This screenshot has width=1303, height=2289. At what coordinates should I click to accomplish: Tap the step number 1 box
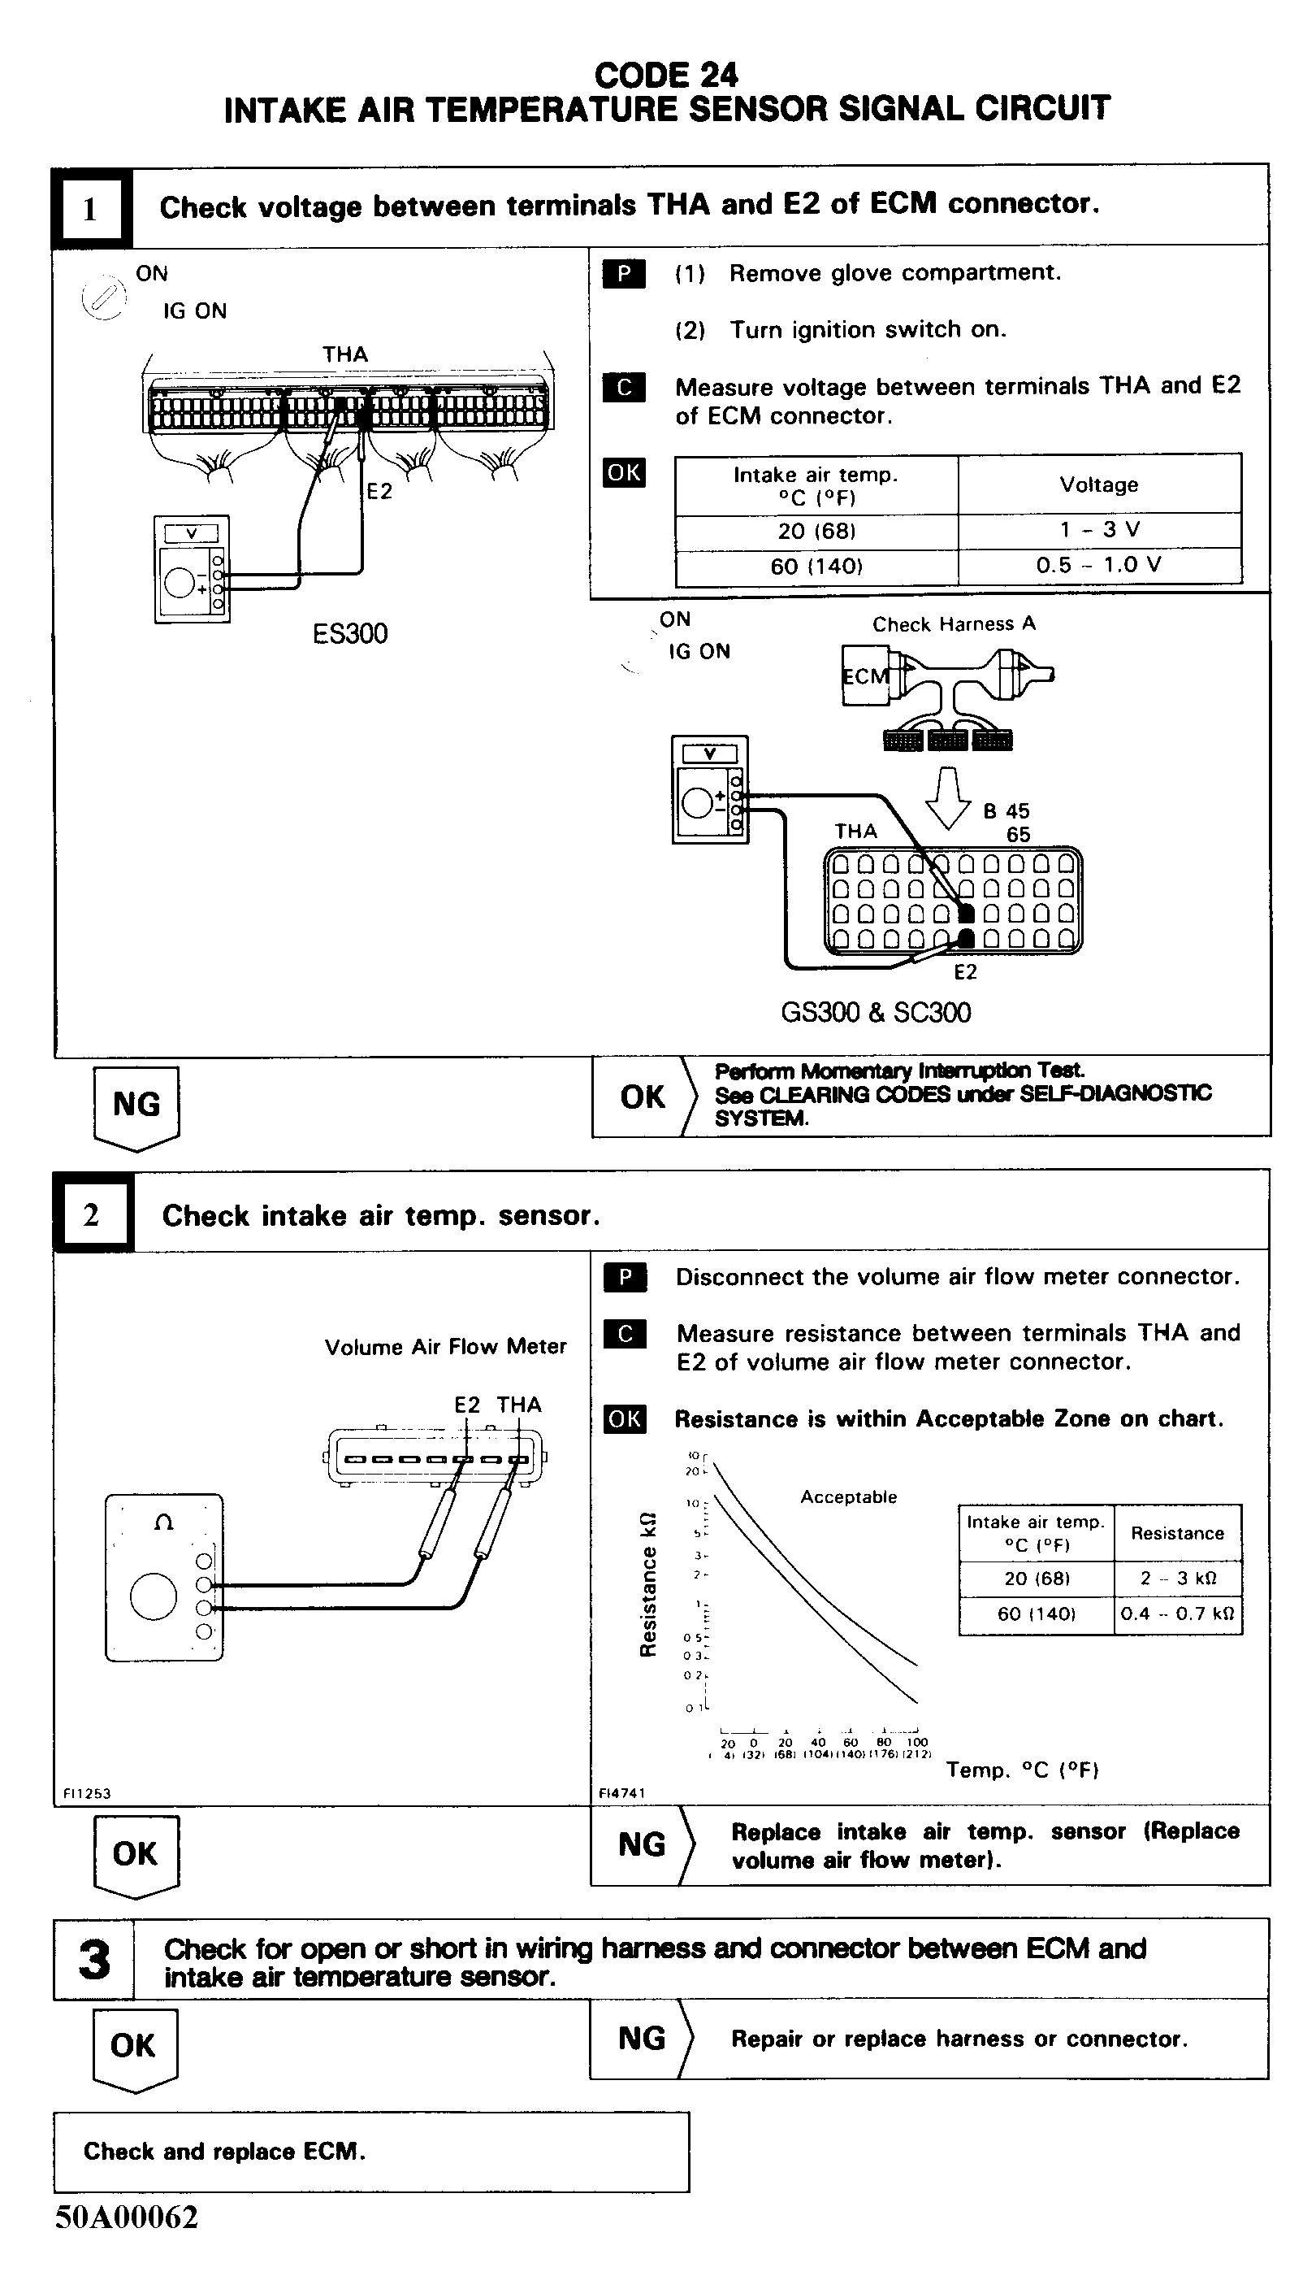[x=90, y=209]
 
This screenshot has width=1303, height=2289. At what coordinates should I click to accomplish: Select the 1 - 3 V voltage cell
[x=1099, y=529]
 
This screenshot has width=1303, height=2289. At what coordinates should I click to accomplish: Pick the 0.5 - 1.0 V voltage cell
[x=1099, y=565]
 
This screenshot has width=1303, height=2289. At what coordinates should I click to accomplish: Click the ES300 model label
[x=350, y=633]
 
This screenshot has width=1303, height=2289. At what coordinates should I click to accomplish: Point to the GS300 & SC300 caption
[x=875, y=1013]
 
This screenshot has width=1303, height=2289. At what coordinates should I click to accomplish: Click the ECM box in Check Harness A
[x=864, y=677]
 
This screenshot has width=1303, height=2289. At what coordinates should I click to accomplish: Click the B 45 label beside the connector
[x=1006, y=811]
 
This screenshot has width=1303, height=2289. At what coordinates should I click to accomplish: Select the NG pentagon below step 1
[x=136, y=1105]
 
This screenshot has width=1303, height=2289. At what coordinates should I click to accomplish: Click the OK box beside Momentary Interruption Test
[x=643, y=1097]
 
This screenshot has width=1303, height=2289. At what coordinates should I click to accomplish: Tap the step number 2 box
[x=91, y=1214]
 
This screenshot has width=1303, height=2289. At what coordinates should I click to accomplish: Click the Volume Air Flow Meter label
[x=445, y=1346]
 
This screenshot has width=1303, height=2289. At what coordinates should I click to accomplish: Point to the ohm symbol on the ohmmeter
[x=164, y=1522]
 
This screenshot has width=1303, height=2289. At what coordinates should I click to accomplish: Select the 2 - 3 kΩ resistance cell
[x=1177, y=1579]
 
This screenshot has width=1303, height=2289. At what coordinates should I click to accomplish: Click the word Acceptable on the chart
[x=848, y=1496]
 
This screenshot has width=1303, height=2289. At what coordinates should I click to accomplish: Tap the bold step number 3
[x=94, y=1960]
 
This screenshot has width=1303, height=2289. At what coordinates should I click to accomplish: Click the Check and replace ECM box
[x=370, y=2151]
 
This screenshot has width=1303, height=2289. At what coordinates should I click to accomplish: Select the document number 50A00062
[x=126, y=2217]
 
